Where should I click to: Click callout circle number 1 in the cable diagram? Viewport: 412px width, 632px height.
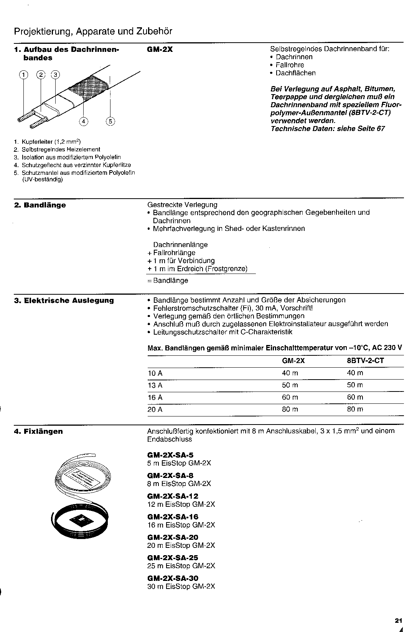point(24,75)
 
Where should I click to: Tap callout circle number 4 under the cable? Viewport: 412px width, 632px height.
point(83,121)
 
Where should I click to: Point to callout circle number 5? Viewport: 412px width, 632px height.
point(110,121)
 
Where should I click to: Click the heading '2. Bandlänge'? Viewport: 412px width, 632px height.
point(40,205)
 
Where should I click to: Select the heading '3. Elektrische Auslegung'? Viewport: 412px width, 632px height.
point(64,300)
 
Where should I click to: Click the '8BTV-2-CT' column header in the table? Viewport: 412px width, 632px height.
point(365,361)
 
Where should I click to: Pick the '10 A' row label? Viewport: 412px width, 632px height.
point(155,373)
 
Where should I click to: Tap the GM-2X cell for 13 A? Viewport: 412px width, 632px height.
point(290,385)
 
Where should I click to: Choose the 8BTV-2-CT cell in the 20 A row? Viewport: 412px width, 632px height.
point(355,409)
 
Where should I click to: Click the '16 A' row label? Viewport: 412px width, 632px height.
point(155,397)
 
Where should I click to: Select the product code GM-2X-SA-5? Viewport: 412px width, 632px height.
point(170,455)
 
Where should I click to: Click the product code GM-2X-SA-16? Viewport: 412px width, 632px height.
point(173,517)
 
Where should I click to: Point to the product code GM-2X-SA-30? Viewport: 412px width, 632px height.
point(173,578)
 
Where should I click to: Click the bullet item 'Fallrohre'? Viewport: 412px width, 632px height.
point(290,65)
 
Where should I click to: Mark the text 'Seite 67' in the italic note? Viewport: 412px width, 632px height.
point(371,129)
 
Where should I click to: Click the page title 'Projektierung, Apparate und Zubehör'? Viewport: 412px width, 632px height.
point(93,32)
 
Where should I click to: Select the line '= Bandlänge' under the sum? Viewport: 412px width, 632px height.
point(168,280)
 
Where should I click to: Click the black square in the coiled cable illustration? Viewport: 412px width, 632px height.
point(82,521)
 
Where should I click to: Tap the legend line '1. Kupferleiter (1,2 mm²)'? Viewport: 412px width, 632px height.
point(51,142)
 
